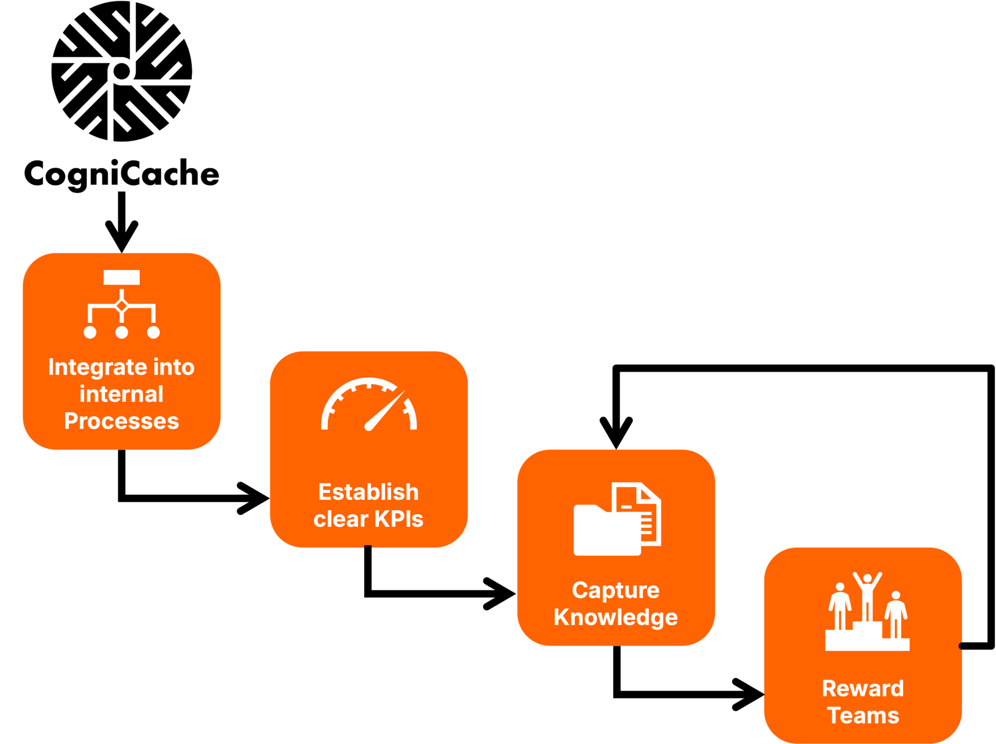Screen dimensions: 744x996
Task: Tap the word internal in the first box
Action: (x=122, y=394)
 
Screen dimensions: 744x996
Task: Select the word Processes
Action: (x=122, y=421)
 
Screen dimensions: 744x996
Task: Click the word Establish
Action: (x=368, y=492)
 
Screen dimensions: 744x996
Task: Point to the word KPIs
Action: (x=398, y=518)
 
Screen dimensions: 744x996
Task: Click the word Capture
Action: (x=615, y=590)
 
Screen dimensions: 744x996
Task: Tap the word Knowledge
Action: (x=615, y=617)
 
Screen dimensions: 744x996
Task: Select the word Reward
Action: (x=863, y=688)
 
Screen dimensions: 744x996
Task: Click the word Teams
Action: (x=863, y=716)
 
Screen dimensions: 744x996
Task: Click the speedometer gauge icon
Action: (x=368, y=405)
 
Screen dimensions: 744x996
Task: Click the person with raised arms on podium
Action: (x=867, y=595)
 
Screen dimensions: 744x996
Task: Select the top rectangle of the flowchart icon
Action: (x=122, y=277)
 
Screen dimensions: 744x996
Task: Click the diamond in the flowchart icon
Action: (x=122, y=306)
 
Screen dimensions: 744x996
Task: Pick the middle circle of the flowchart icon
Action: (x=122, y=333)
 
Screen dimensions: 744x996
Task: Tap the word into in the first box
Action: (x=173, y=367)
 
